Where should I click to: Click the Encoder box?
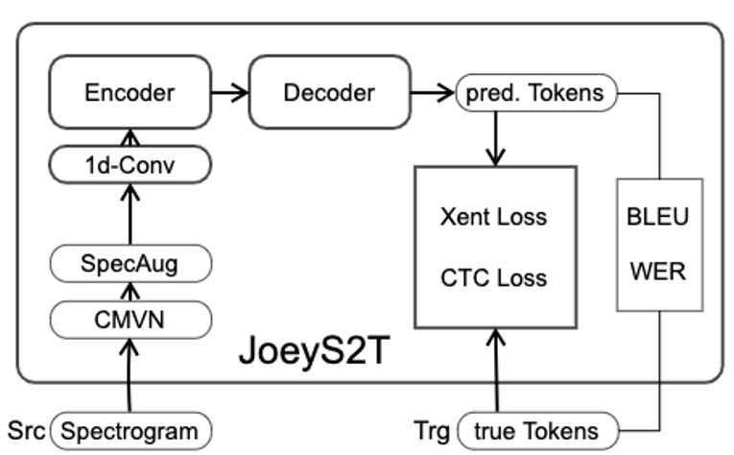point(130,92)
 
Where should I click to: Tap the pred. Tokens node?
point(534,93)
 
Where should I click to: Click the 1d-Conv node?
point(130,166)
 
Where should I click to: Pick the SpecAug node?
point(130,263)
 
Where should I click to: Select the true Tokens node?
point(534,429)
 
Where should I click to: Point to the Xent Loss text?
point(493,216)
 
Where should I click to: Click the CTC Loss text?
point(493,277)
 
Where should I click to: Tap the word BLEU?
point(657,216)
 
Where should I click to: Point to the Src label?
point(25,429)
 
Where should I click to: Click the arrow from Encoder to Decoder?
point(229,92)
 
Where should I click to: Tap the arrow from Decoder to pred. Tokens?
point(439,92)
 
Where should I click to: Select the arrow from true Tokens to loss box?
point(495,370)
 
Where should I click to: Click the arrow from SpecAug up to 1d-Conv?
point(130,215)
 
